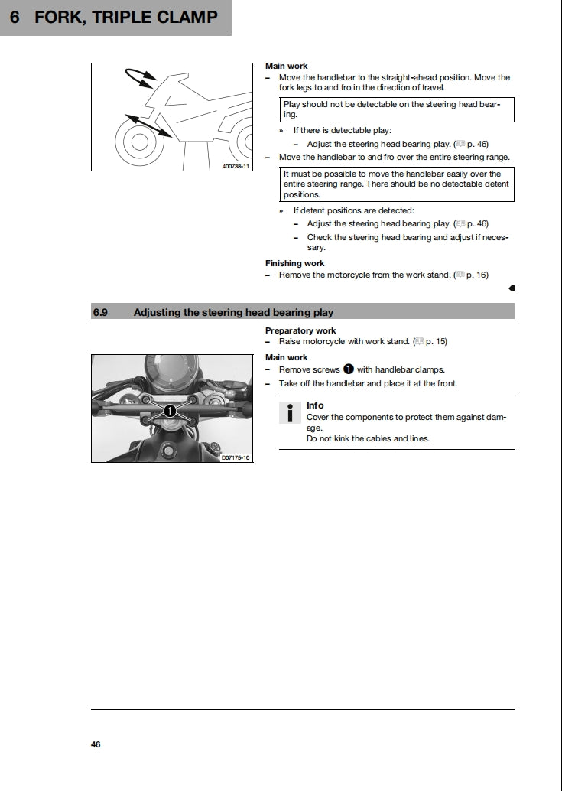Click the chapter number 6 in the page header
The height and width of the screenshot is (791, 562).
[15, 17]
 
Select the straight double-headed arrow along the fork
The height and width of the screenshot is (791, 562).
[148, 125]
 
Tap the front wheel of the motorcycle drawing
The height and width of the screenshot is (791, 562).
[138, 142]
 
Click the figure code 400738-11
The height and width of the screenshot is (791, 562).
[236, 165]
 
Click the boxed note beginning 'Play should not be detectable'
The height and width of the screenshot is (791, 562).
[396, 109]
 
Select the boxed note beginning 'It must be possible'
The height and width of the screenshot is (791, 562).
[396, 184]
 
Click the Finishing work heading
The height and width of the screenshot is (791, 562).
[294, 263]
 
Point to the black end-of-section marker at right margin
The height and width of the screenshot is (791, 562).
[512, 288]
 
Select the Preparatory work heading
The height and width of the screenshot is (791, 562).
[300, 330]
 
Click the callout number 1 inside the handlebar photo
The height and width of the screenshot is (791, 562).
[170, 411]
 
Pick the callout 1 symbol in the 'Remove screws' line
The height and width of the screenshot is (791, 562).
[349, 369]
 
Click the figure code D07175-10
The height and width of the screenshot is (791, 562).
[235, 457]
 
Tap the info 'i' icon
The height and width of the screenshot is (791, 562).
[290, 412]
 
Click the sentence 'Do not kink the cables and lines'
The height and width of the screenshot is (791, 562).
[368, 438]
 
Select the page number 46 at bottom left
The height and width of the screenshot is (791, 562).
[96, 744]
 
